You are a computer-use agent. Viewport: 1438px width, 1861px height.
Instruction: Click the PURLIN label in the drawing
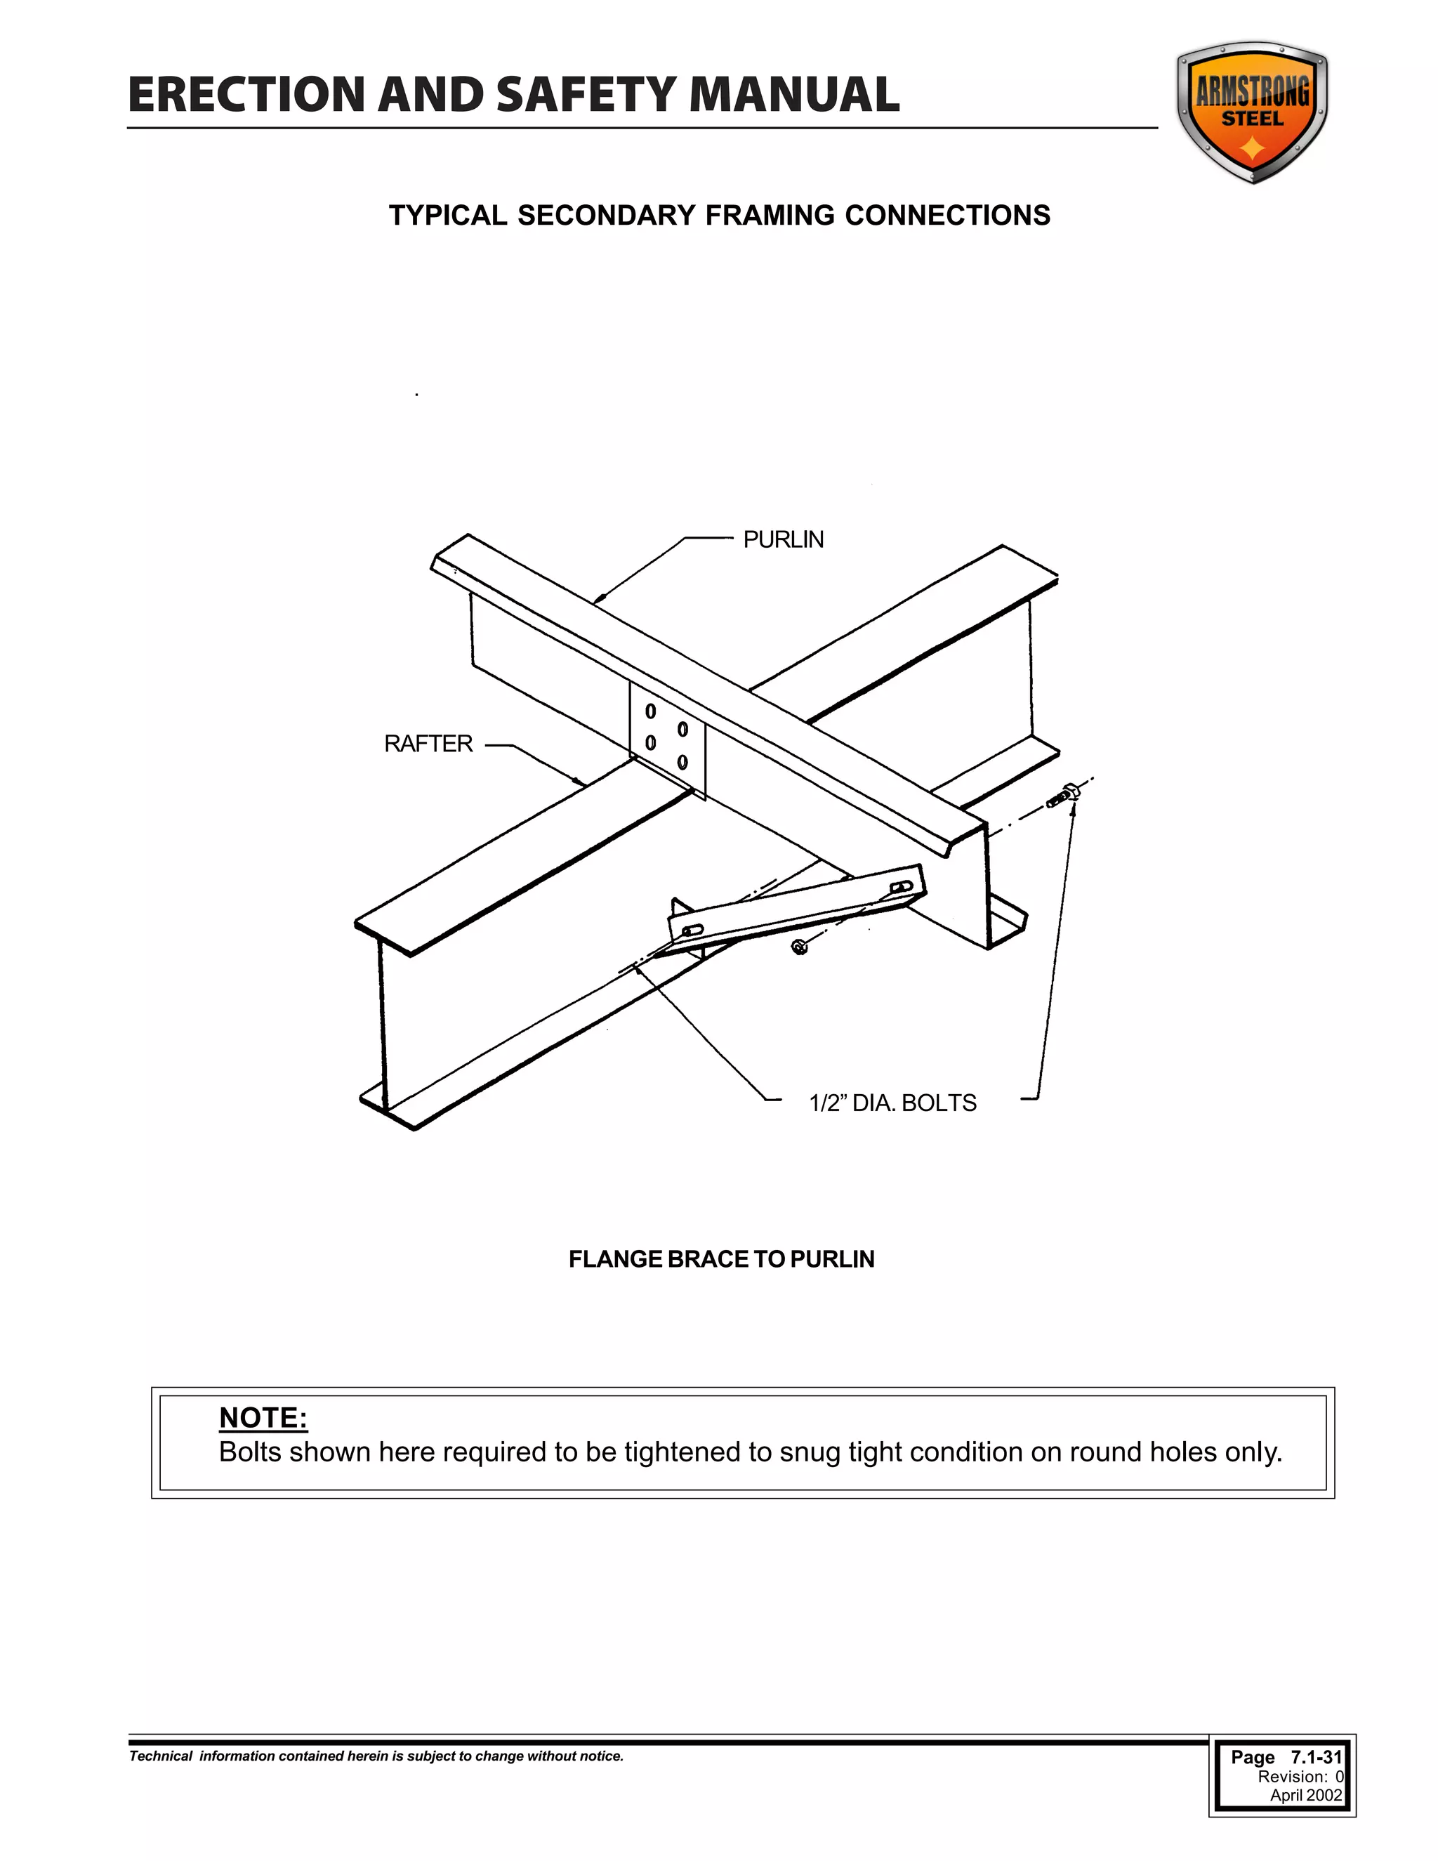coord(783,539)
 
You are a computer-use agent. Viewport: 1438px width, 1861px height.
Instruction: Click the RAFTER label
coord(428,744)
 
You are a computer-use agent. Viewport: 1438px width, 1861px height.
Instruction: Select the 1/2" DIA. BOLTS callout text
coord(892,1103)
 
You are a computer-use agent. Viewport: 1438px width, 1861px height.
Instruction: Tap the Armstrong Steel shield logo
coord(1251,112)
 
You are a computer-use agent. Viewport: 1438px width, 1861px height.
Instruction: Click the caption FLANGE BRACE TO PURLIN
coord(720,1258)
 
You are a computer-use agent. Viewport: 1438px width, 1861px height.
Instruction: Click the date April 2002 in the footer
coord(1305,1794)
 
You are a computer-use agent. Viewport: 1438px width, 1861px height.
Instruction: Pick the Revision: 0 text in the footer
coord(1300,1776)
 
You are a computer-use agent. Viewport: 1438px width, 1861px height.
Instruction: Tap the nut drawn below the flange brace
coord(799,946)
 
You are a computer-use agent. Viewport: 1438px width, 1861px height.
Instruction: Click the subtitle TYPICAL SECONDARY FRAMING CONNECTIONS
coord(719,216)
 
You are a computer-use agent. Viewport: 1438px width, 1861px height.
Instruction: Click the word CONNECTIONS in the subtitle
coord(947,216)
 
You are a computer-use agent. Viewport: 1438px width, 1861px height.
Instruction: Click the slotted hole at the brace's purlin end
coord(900,889)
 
